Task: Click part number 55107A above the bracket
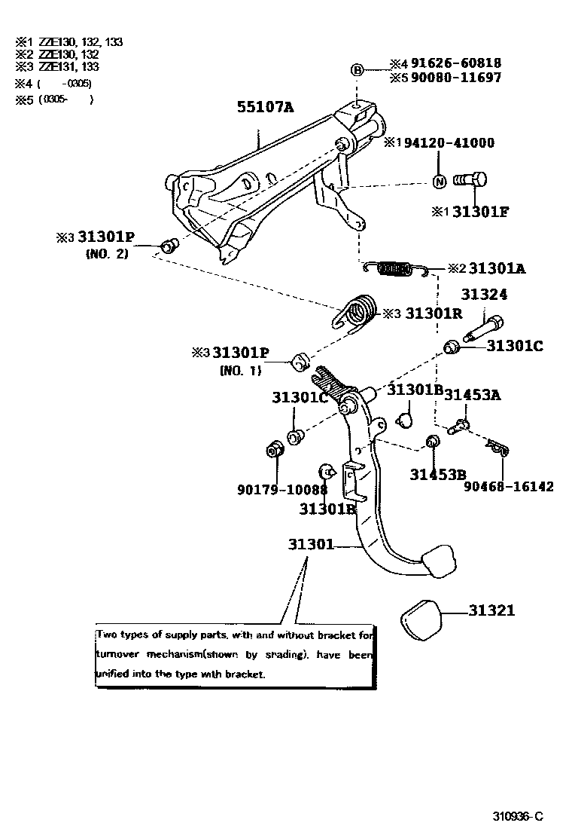pyautogui.click(x=265, y=107)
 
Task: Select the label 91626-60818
pyautogui.click(x=455, y=64)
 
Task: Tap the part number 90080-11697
pyautogui.click(x=455, y=78)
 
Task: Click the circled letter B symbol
pyautogui.click(x=357, y=70)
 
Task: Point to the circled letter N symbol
pyautogui.click(x=440, y=181)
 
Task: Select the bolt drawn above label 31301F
pyautogui.click(x=470, y=180)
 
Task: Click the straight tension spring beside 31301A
pyautogui.click(x=395, y=268)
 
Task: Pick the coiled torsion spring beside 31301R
pyautogui.click(x=357, y=313)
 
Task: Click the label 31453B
pyautogui.click(x=438, y=474)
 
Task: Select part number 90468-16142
pyautogui.click(x=509, y=487)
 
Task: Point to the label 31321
pyautogui.click(x=492, y=610)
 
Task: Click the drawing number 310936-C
pyautogui.click(x=518, y=816)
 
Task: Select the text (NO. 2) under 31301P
pyautogui.click(x=108, y=254)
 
